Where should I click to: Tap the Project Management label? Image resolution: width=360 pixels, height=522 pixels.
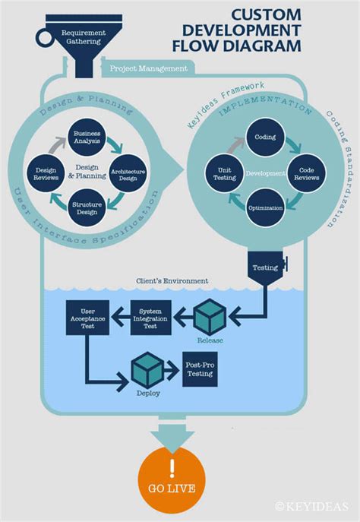(x=148, y=68)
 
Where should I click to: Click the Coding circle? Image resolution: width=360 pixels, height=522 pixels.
(x=266, y=138)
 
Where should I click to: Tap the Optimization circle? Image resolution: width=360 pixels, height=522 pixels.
(x=266, y=207)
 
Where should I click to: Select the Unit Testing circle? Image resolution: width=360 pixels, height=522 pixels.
(x=225, y=173)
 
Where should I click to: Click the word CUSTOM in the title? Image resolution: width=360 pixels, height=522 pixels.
(x=267, y=14)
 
